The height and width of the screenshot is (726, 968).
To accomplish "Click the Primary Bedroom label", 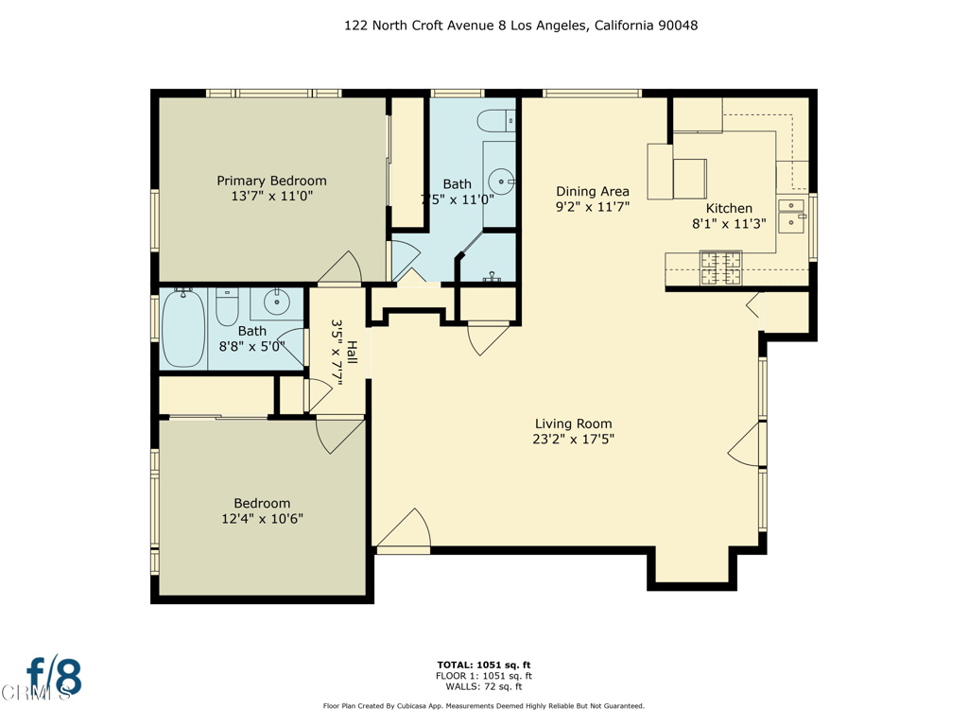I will pyautogui.click(x=271, y=181).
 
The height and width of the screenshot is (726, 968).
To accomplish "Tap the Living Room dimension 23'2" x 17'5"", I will pyautogui.click(x=573, y=440).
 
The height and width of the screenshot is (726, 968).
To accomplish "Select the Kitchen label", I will pyautogui.click(x=729, y=208).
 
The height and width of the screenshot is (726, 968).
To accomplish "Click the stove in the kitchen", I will pyautogui.click(x=720, y=268).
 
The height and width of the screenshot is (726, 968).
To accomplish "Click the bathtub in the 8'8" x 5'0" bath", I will pyautogui.click(x=183, y=329).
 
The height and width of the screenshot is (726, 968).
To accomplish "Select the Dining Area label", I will pyautogui.click(x=592, y=191).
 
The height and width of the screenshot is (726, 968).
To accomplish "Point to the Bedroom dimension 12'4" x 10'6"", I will pyautogui.click(x=262, y=519).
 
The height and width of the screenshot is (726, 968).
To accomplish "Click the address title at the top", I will pyautogui.click(x=521, y=26).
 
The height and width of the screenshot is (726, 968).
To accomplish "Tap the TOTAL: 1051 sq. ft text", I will pyautogui.click(x=483, y=664).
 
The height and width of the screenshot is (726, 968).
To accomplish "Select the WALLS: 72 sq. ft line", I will pyautogui.click(x=483, y=686).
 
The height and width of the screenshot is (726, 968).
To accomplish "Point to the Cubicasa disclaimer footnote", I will pyautogui.click(x=483, y=706).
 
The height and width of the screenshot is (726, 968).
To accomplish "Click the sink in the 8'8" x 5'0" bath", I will pyautogui.click(x=276, y=303).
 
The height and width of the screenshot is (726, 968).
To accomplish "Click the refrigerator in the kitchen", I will pyautogui.click(x=690, y=178).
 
